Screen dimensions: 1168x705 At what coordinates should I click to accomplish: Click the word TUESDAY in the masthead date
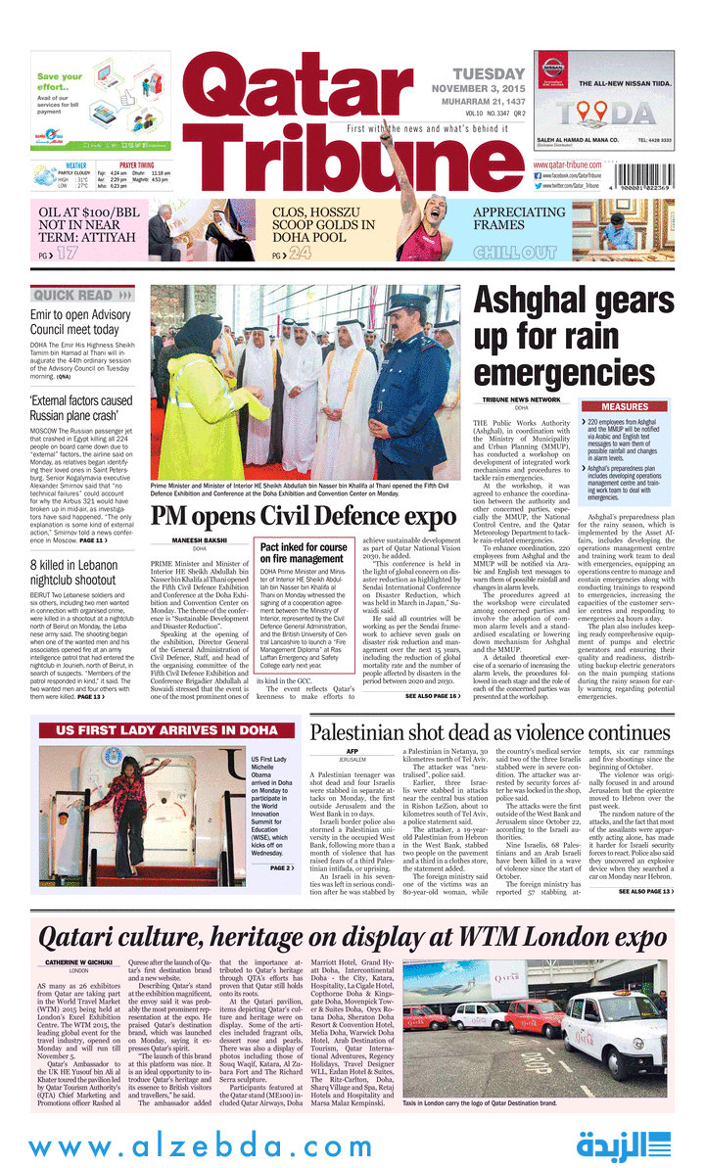(x=489, y=74)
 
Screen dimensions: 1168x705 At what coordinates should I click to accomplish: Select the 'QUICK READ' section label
(x=73, y=295)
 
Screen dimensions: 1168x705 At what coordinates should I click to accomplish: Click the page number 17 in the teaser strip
(x=66, y=254)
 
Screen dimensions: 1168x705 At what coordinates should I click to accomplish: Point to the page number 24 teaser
(x=300, y=254)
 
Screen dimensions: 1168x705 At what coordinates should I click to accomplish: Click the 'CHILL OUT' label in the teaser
(x=515, y=253)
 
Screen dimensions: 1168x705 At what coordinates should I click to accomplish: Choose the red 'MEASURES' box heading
(x=625, y=406)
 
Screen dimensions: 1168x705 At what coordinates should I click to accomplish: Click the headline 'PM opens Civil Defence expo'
(x=304, y=516)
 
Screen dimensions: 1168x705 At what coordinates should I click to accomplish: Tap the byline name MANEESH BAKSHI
(x=200, y=539)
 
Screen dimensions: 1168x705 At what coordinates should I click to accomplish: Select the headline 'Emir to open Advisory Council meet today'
(x=74, y=322)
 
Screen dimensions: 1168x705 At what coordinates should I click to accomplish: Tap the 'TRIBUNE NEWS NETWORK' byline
(x=521, y=399)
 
